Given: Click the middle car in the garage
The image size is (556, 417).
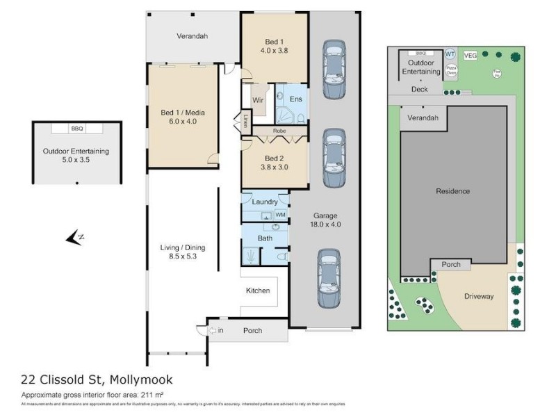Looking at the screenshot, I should (334, 158).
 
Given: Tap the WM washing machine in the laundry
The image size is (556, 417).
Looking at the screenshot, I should (280, 215).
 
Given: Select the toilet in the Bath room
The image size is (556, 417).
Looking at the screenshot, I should (281, 256).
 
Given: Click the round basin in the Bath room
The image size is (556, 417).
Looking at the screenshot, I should (275, 227).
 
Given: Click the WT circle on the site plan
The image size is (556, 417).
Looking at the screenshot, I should (450, 54).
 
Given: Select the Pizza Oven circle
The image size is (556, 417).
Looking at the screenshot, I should (450, 70).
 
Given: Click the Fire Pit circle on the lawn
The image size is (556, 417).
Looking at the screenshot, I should (496, 72).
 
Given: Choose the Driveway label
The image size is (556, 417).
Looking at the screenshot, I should (478, 297).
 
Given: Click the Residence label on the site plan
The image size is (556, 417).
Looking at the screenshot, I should (452, 191).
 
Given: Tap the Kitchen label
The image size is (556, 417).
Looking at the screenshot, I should (257, 291).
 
